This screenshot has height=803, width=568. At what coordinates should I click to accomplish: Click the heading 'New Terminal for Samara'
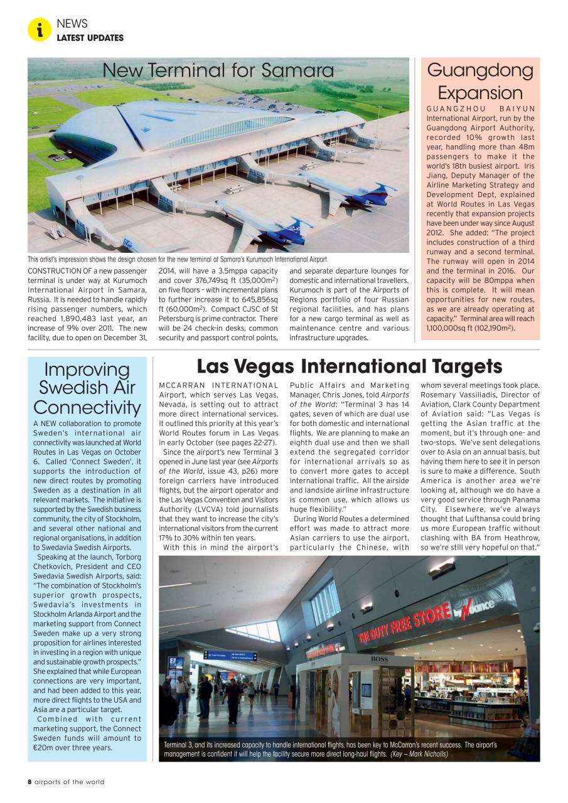pos(218,70)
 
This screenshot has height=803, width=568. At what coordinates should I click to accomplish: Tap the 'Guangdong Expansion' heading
pos(480,81)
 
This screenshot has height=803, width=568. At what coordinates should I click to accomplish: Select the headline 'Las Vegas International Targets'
pos(350,366)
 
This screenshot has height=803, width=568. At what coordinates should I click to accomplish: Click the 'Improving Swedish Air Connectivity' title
pos(87,388)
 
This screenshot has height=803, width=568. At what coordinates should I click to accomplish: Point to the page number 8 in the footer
pos(29,782)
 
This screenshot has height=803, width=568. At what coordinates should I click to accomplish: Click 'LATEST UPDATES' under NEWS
pos(90,38)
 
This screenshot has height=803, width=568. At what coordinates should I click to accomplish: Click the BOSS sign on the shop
pos(379,659)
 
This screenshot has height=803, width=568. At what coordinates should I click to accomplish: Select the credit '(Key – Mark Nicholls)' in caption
pos(419,754)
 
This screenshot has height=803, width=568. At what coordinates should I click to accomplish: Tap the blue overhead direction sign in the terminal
pos(230,656)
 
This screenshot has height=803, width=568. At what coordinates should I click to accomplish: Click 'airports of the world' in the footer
pos(70,782)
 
